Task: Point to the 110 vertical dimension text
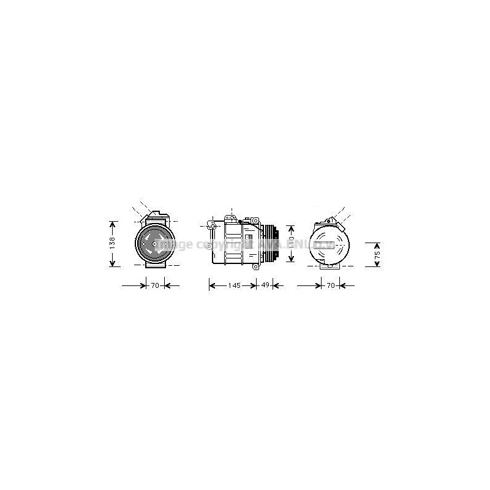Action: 292,243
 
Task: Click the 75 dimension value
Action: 377,254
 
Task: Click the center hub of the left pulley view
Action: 154,243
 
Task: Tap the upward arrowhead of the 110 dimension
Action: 292,224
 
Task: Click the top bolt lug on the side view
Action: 232,219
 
